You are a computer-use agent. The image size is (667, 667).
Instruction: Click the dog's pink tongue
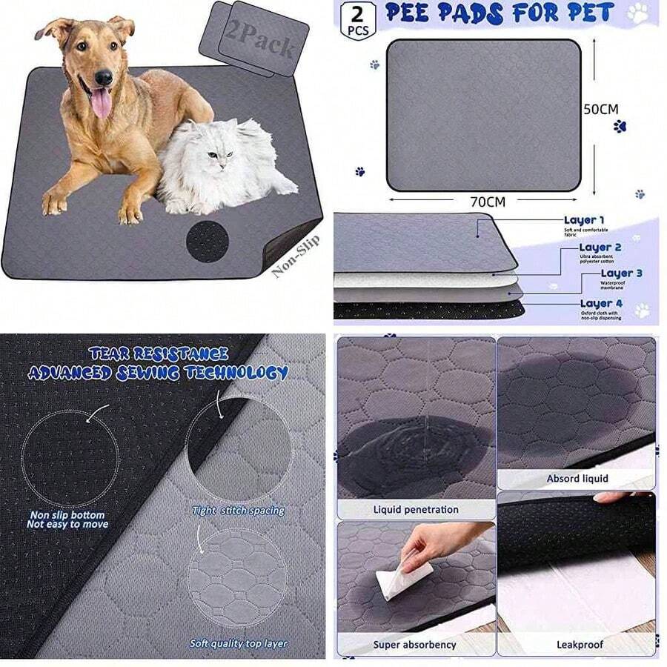101,102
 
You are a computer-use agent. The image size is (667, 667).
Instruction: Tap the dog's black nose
104,76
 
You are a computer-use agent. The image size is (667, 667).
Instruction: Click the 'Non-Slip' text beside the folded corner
296,256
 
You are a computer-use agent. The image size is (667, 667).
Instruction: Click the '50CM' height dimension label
600,109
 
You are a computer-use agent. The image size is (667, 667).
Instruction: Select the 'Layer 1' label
584,220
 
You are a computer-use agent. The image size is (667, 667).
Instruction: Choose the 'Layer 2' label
600,248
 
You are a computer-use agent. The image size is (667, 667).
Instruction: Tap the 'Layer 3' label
621,273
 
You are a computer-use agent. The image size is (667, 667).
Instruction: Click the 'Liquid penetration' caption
416,510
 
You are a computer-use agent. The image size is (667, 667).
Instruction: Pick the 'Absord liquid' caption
577,479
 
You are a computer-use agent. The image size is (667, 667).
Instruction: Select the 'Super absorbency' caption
414,645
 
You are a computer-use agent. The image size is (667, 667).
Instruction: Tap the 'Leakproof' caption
577,645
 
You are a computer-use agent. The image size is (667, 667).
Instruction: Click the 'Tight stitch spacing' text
238,511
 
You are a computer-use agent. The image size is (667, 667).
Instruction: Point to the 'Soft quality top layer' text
238,644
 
